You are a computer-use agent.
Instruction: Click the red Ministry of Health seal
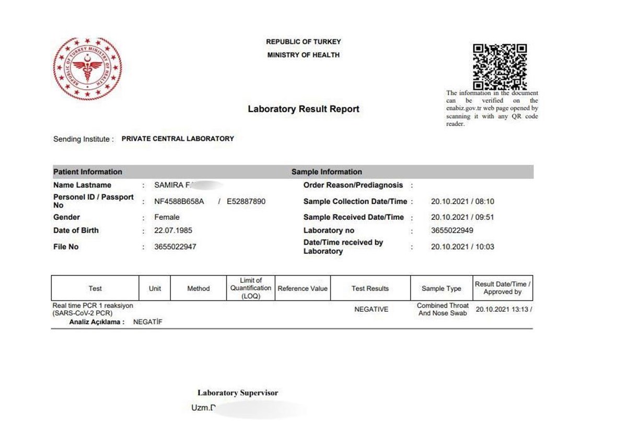coord(87,68)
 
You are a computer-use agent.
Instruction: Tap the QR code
coord(500,66)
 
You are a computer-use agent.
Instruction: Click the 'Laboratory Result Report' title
coord(303,109)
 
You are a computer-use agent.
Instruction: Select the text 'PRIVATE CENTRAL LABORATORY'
coord(178,139)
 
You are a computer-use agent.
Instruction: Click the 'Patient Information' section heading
coord(88,172)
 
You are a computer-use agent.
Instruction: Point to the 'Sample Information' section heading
coord(327,172)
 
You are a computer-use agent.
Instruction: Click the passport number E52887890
coord(246,201)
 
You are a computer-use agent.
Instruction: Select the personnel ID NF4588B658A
coord(179,201)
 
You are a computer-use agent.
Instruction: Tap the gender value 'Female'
coord(167,217)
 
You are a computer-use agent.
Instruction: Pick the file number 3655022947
coord(176,246)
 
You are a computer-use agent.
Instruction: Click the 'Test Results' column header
coord(370,288)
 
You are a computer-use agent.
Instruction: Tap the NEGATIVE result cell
coord(371,309)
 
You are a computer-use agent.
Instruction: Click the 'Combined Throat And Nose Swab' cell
coord(443,309)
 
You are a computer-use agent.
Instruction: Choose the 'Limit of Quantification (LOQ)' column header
coord(251,288)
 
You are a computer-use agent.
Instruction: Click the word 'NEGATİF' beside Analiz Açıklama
coord(148,322)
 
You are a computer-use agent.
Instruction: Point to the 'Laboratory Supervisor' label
coord(238,393)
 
